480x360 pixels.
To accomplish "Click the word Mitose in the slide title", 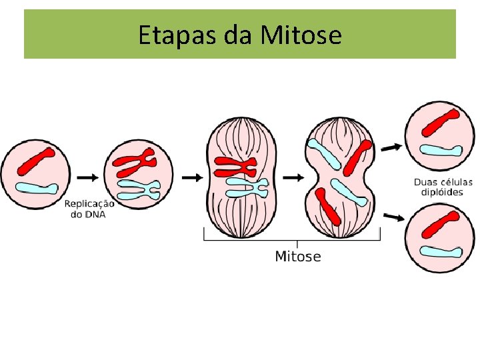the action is click(301, 35).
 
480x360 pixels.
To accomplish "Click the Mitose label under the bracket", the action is click(297, 256).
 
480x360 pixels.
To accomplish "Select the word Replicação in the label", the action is click(89, 204).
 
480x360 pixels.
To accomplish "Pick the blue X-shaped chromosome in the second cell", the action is click(138, 189).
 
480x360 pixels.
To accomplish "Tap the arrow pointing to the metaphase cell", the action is click(191, 177).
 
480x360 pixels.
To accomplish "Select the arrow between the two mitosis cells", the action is click(292, 177).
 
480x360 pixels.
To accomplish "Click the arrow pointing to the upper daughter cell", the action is click(392, 146).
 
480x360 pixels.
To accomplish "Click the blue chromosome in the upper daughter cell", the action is click(441, 151).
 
